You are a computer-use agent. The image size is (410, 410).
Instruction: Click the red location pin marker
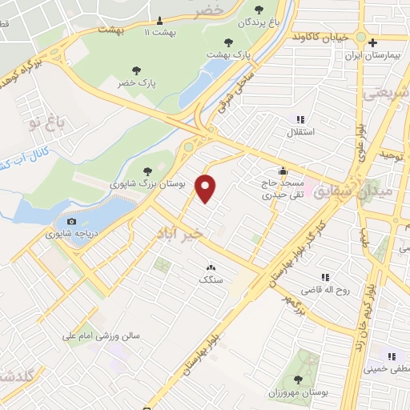(207, 188)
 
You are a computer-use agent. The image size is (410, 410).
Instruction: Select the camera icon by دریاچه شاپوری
(72, 221)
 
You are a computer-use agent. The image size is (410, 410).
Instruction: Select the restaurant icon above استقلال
(299, 119)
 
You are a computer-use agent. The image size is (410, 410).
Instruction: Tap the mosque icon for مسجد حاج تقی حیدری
(283, 170)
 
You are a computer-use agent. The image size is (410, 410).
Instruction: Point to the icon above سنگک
(211, 268)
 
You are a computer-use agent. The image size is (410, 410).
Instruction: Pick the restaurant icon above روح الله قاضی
(325, 275)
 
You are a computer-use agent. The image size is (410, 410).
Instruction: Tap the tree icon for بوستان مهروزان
(299, 380)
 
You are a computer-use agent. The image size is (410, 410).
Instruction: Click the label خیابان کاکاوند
(320, 37)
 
